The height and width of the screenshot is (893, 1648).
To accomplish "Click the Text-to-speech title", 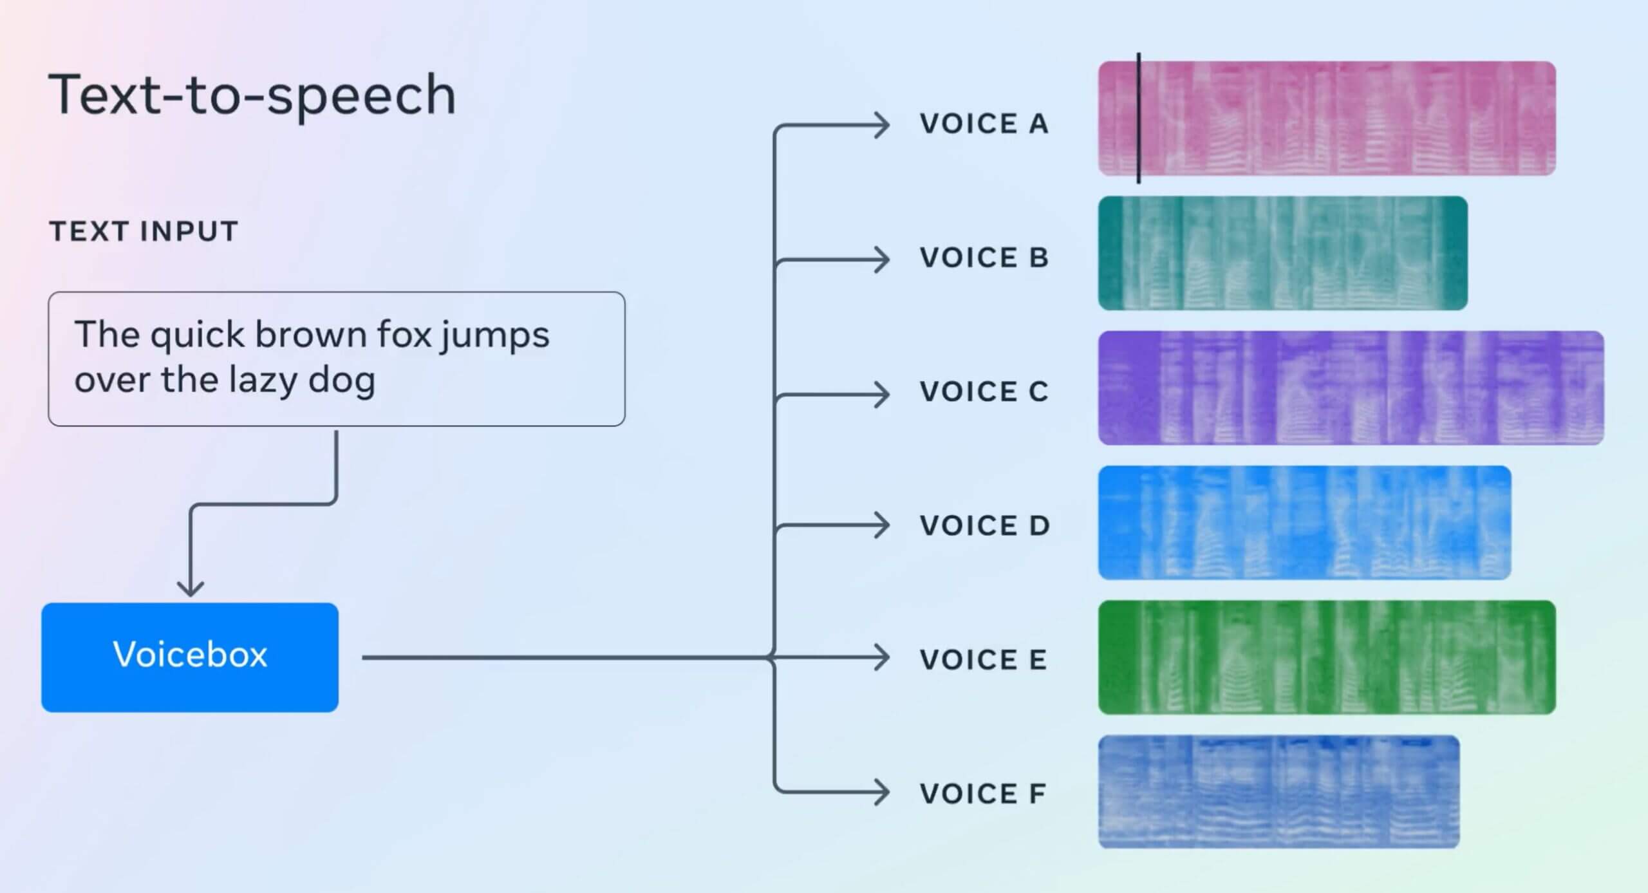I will [252, 95].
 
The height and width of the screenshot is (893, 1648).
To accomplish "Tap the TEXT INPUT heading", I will [144, 231].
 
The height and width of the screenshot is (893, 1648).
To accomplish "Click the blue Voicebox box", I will [190, 657].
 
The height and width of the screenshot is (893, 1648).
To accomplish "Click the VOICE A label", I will [984, 124].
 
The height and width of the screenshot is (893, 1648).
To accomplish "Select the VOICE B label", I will [984, 258].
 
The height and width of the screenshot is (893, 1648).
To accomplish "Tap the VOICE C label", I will [984, 391].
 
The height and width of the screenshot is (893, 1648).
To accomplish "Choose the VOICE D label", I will [984, 525].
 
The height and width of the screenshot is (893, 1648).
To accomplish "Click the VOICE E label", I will [983, 659].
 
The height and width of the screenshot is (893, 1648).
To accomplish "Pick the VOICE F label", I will [982, 793].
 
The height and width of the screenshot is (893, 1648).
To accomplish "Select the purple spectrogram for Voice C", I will [1351, 388].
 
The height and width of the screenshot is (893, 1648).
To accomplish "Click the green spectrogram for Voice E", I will [1326, 657].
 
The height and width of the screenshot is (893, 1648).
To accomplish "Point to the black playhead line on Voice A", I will [1139, 118].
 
